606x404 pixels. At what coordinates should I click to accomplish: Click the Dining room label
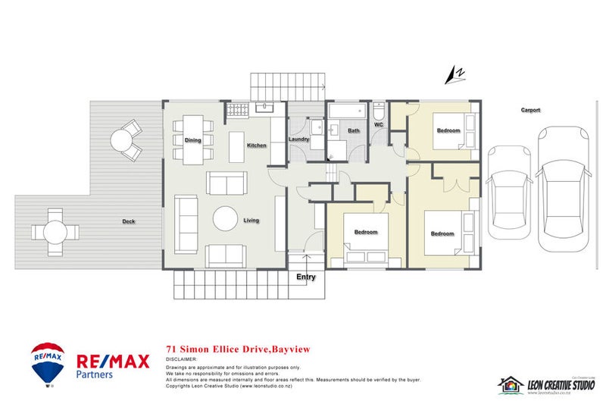[x=193, y=140]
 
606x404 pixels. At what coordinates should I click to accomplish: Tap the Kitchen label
[x=256, y=145]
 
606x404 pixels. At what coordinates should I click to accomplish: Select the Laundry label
[x=299, y=139]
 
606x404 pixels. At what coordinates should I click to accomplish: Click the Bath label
[x=354, y=131]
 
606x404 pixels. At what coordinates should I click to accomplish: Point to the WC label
[x=379, y=124]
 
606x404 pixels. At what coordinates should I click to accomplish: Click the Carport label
[x=530, y=110]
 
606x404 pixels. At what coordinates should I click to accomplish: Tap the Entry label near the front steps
[x=306, y=277]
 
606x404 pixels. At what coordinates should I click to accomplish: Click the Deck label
[x=129, y=222]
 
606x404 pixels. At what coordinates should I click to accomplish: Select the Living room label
[x=251, y=221]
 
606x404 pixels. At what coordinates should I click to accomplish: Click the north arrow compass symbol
[x=455, y=74]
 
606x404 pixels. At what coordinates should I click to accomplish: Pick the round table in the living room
[x=226, y=218]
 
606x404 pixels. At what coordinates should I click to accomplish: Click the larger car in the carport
[x=563, y=188]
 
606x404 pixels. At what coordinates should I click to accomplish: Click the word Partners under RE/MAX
[x=95, y=374]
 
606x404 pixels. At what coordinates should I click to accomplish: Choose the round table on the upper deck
[x=122, y=139]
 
